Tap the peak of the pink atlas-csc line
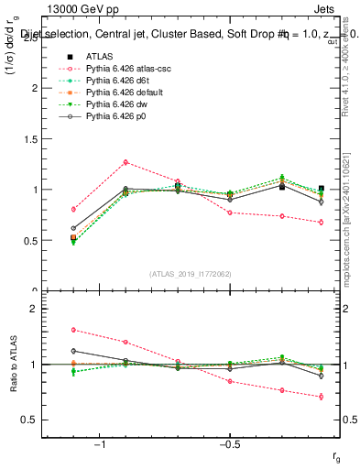125,162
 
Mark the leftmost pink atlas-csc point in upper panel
73,209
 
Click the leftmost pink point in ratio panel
73,330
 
